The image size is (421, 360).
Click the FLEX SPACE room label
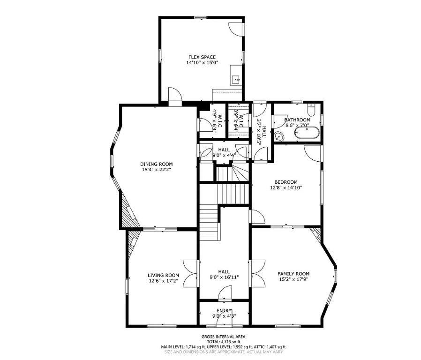tap(202, 57)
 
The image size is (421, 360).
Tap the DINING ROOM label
tap(156, 164)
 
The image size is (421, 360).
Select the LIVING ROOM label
tap(163, 275)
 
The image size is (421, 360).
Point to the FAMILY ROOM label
tap(293, 274)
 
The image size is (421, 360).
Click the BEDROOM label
tap(286, 182)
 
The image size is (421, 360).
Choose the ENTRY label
tap(224, 311)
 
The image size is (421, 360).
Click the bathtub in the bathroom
tap(307, 134)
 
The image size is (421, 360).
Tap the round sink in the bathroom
tap(279, 137)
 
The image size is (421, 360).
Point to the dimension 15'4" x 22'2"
tap(156, 170)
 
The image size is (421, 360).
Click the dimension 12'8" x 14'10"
tap(286, 187)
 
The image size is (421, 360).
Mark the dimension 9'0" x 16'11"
tap(224, 277)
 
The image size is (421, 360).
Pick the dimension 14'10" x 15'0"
tap(202, 62)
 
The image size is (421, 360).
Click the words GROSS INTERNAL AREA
tap(223, 337)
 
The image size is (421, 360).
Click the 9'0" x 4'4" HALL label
tap(224, 152)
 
